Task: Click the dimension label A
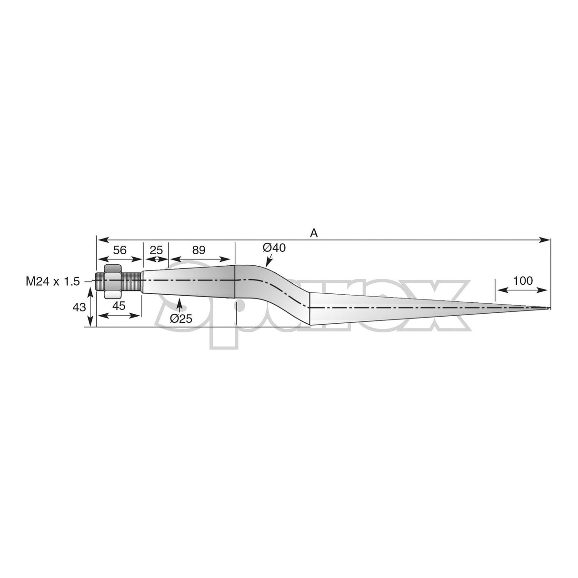[x=314, y=233]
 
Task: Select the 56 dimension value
[x=120, y=250]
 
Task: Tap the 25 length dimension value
[x=156, y=250]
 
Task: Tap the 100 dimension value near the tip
[x=523, y=280]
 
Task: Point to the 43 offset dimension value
[x=79, y=308]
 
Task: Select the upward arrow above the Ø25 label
[x=179, y=304]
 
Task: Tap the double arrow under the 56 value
[x=120, y=259]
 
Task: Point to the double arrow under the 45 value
[x=119, y=315]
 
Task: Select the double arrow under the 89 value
[x=201, y=259]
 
